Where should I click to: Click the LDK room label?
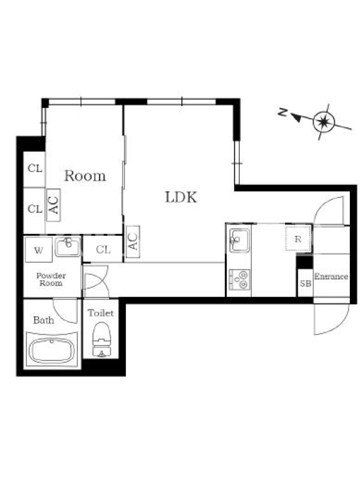click(x=181, y=197)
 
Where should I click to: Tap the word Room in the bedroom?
click(x=85, y=176)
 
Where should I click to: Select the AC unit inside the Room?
click(x=53, y=205)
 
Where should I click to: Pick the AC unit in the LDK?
click(x=133, y=242)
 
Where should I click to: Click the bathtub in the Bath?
click(x=52, y=350)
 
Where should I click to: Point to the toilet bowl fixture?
click(x=101, y=339)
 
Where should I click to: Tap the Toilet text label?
click(x=101, y=313)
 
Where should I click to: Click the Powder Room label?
click(x=51, y=279)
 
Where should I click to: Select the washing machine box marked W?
click(x=38, y=250)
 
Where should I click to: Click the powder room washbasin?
click(x=68, y=247)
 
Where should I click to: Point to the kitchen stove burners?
click(x=239, y=280)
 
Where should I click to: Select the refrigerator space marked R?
click(x=298, y=239)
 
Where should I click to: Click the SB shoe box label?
click(x=305, y=283)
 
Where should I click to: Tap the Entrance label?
click(x=331, y=277)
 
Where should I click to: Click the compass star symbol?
click(x=323, y=122)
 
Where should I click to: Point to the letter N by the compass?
click(x=283, y=112)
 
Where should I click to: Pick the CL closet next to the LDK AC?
click(x=103, y=249)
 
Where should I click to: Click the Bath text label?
click(x=43, y=320)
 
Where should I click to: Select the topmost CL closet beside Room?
click(x=35, y=169)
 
